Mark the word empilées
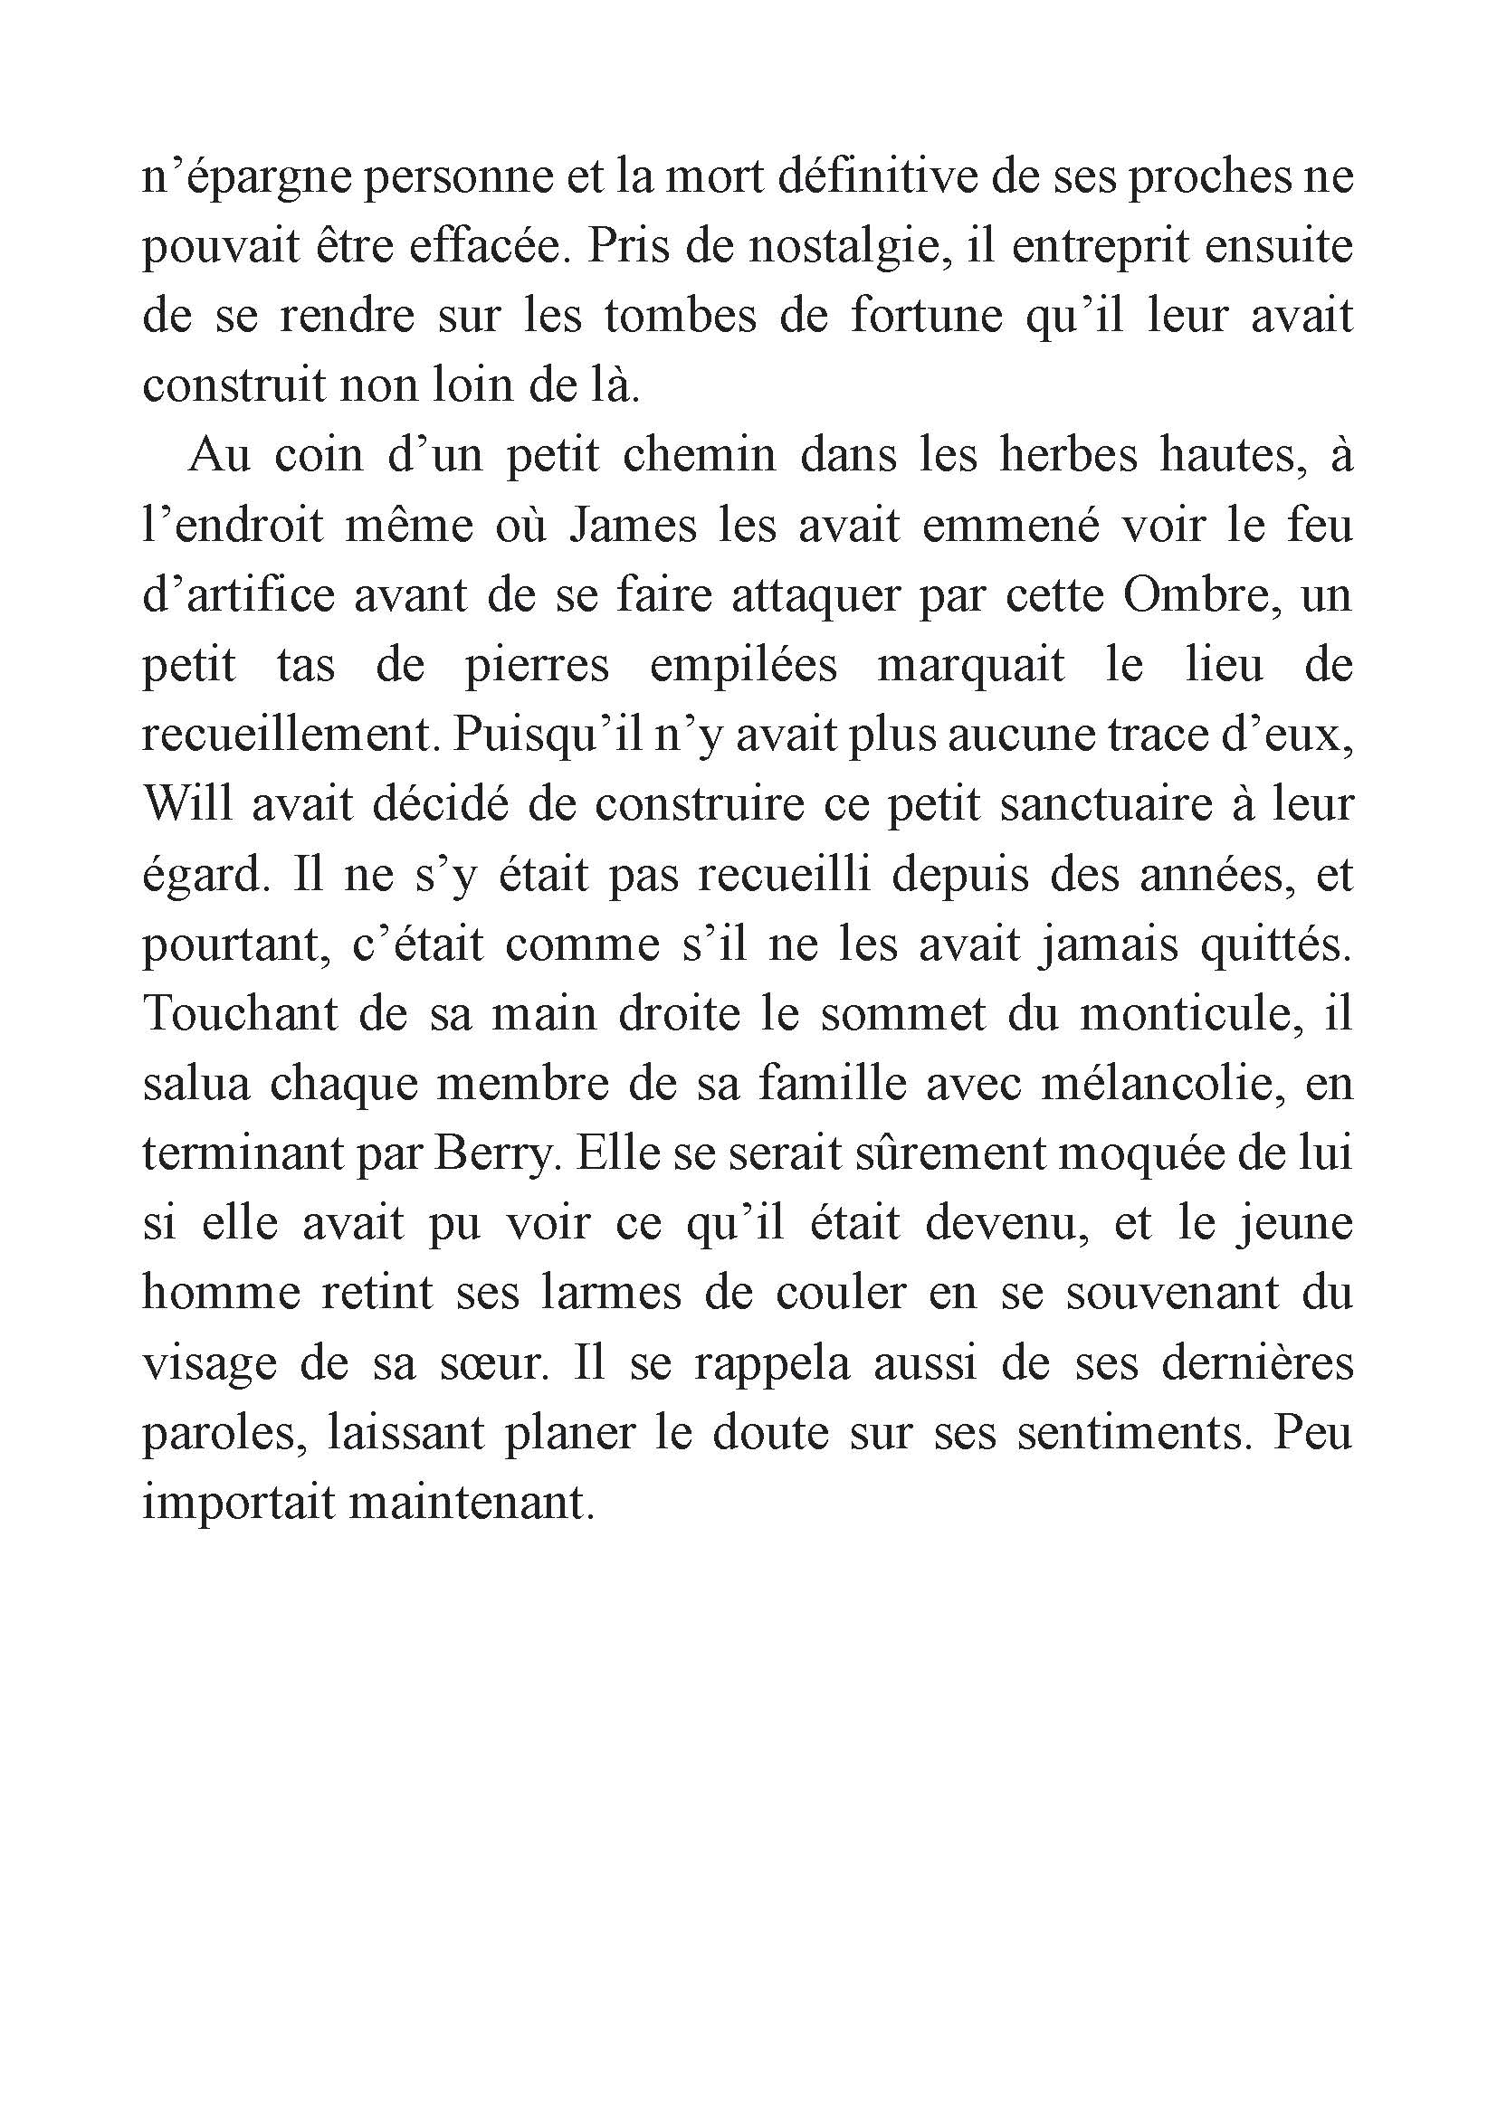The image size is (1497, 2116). (x=743, y=667)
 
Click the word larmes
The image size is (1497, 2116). (x=611, y=1293)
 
